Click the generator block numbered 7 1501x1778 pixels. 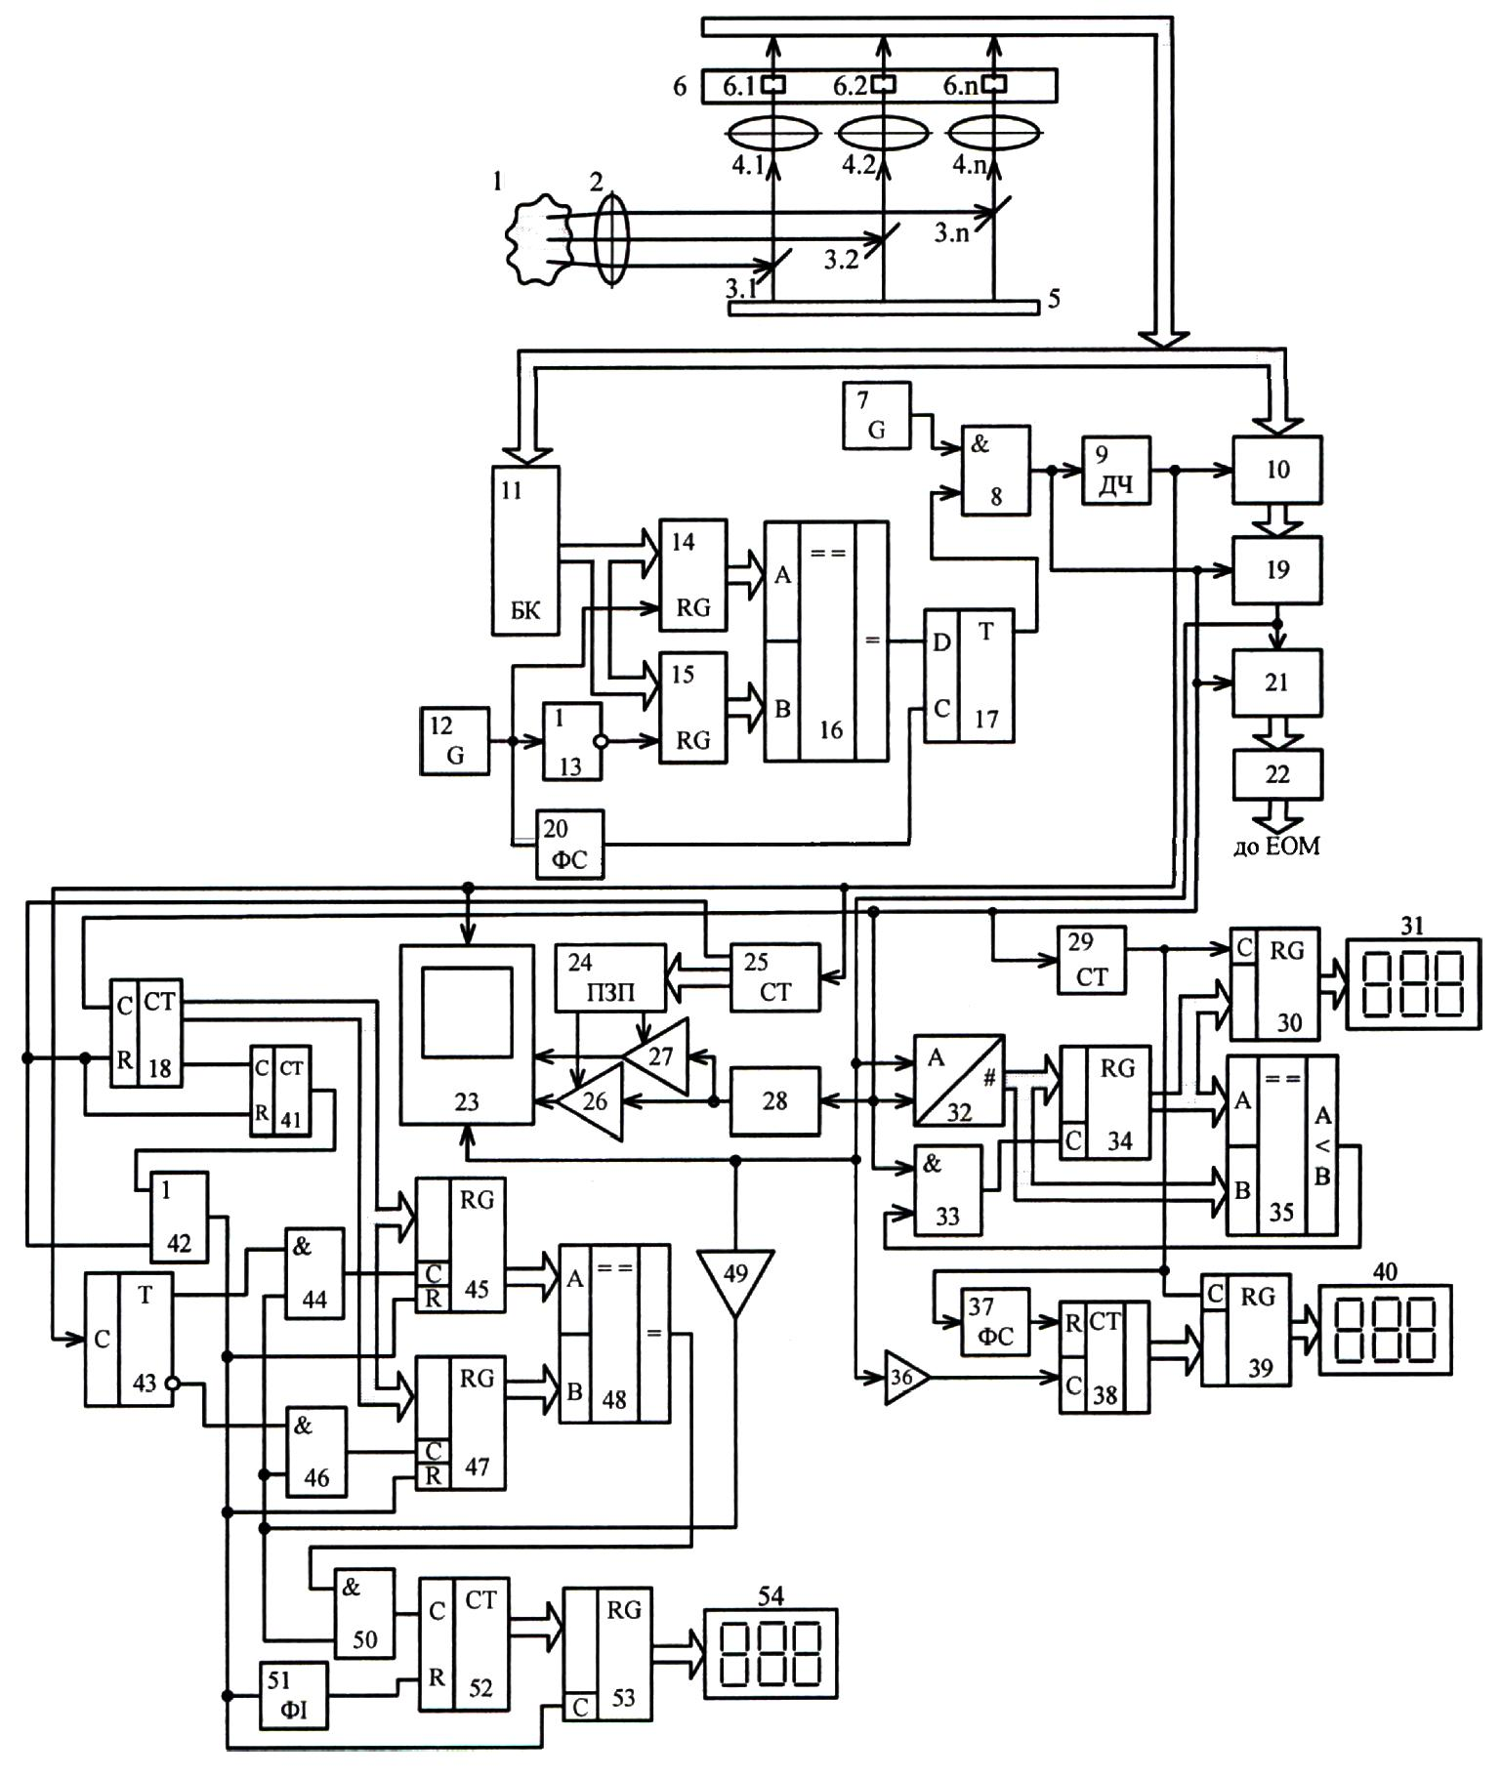(x=877, y=415)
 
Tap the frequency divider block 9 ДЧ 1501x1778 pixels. (x=1116, y=471)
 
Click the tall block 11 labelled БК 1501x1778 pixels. (x=525, y=550)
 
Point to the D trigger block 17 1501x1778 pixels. (x=970, y=676)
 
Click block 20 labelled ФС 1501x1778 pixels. (x=571, y=844)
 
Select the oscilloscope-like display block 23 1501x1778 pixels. (x=467, y=1034)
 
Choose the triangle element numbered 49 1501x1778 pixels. (x=736, y=1282)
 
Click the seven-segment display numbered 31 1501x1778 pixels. (x=1413, y=983)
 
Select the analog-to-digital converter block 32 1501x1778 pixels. (x=959, y=1080)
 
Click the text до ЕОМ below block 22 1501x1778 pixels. (x=1276, y=847)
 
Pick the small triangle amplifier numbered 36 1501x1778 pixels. (x=905, y=1377)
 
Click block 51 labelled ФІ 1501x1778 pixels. (x=294, y=1696)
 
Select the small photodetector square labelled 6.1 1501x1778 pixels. (x=773, y=84)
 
